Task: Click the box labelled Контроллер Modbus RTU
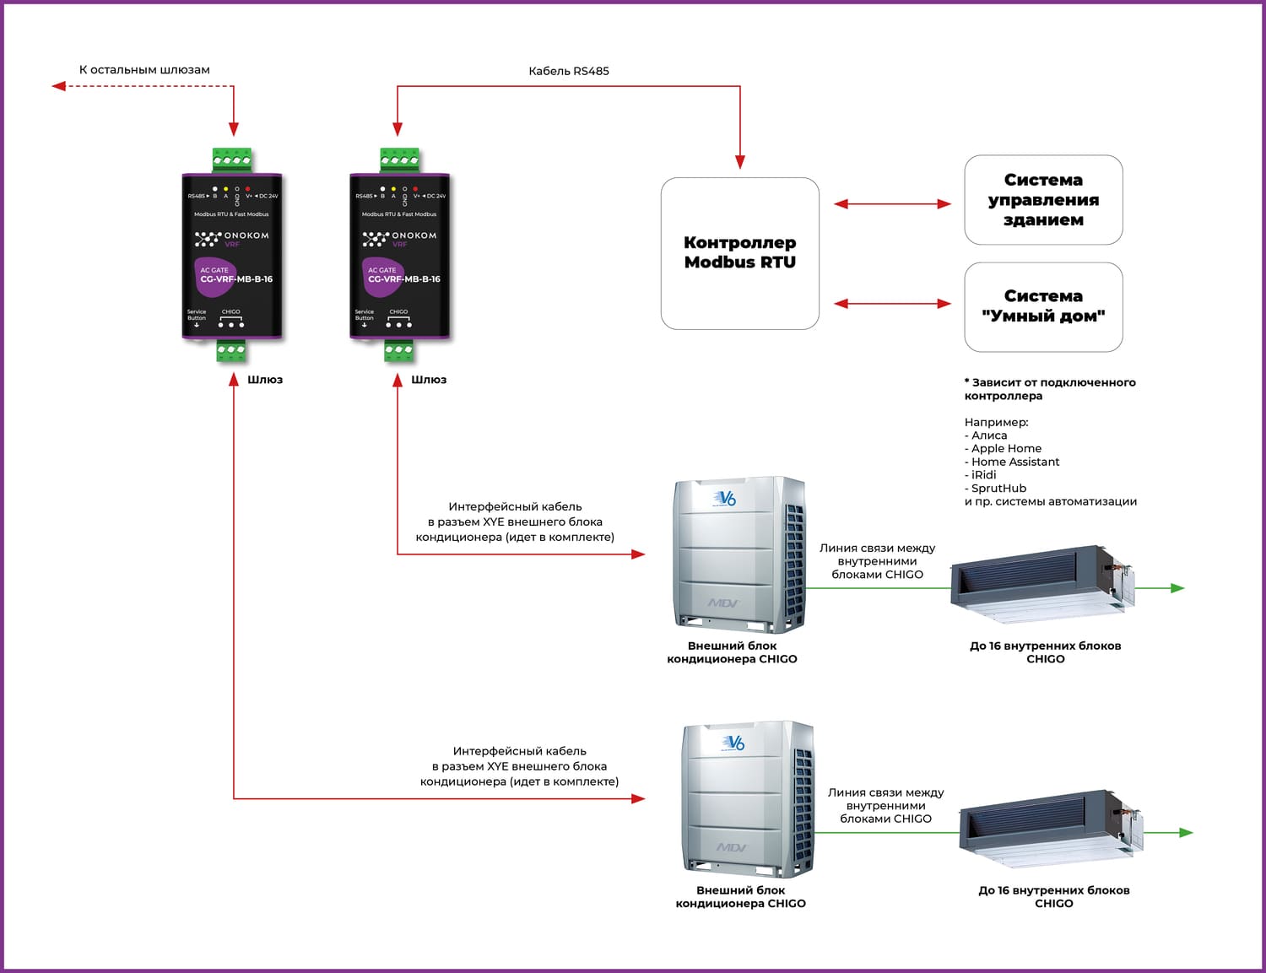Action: [x=739, y=252]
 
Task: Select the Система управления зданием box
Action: [x=1043, y=200]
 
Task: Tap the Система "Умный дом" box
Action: [x=1043, y=306]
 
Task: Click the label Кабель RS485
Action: [x=568, y=71]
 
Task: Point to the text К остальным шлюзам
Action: [x=144, y=70]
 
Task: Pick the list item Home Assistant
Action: [x=1014, y=462]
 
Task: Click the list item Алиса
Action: [x=988, y=435]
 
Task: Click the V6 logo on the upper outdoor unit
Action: [x=725, y=499]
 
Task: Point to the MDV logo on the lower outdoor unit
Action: [x=731, y=846]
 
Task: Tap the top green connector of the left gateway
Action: [x=232, y=159]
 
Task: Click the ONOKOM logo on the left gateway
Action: [x=232, y=237]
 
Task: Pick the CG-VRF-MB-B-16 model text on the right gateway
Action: [x=403, y=279]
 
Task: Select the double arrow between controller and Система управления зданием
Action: [x=892, y=203]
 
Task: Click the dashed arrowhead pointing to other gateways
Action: [x=58, y=86]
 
